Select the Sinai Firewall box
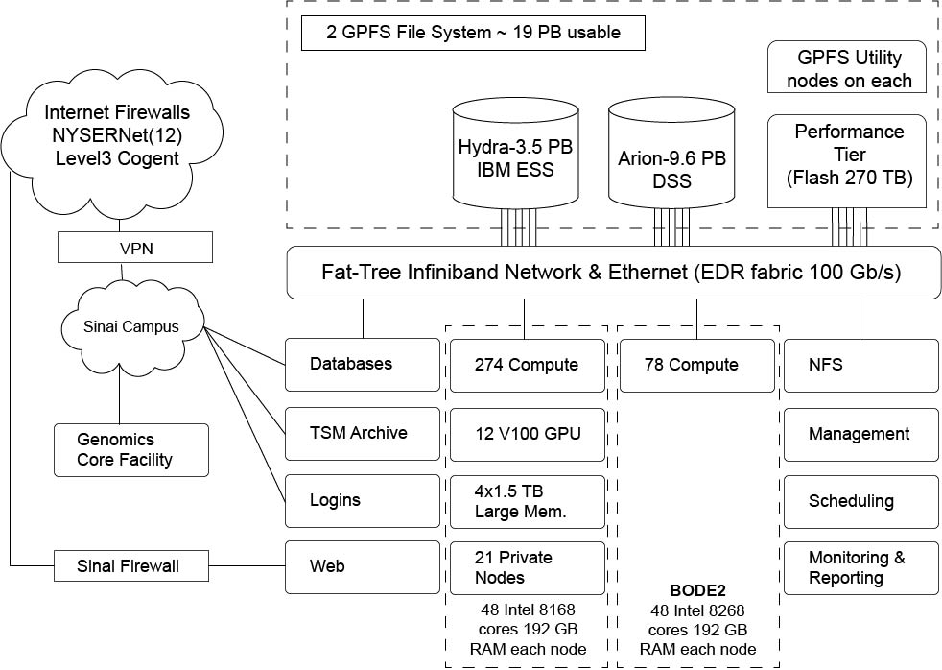128,566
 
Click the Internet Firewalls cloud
116,134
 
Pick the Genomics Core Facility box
130,449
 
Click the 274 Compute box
528,365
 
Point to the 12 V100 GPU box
528,433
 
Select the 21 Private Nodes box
528,567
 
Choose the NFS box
860,365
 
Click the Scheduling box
860,501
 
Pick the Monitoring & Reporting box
860,567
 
